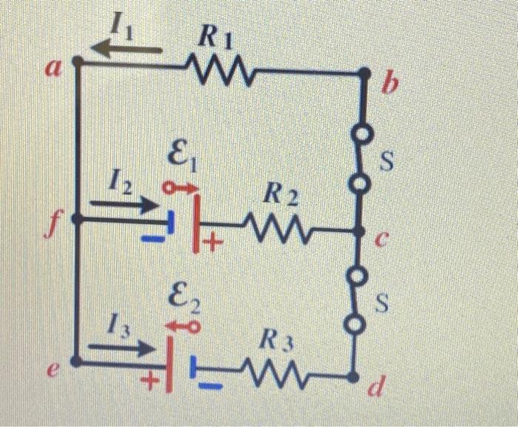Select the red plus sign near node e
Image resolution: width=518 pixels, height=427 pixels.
[150, 383]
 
